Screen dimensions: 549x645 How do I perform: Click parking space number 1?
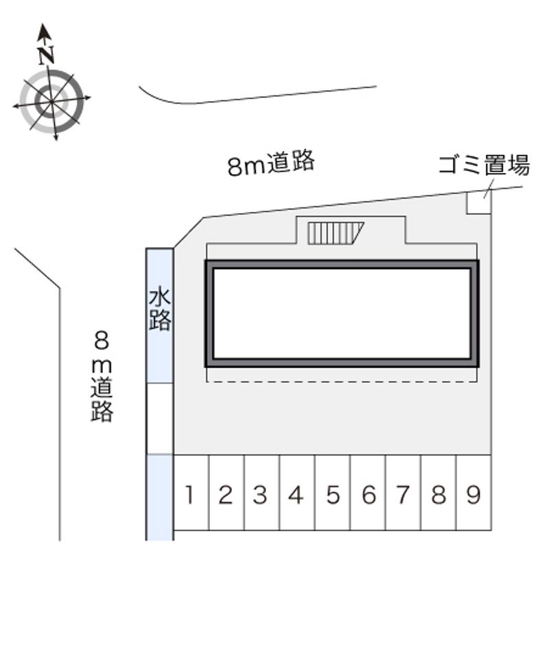pyautogui.click(x=191, y=493)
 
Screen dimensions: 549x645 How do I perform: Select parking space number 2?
pyautogui.click(x=226, y=493)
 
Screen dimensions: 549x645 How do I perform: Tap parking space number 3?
pyautogui.click(x=261, y=493)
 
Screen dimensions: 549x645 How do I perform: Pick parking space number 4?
pyautogui.click(x=297, y=493)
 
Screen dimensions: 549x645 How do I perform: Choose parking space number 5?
pyautogui.click(x=333, y=493)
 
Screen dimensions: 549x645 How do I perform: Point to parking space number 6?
pyautogui.click(x=368, y=493)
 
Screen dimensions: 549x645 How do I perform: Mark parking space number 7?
pyautogui.click(x=404, y=493)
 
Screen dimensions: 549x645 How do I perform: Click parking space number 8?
pyautogui.click(x=439, y=493)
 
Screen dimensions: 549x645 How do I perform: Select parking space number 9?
pyautogui.click(x=474, y=493)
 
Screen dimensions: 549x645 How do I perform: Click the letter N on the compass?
pyautogui.click(x=46, y=56)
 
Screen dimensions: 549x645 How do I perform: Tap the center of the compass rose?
pyautogui.click(x=51, y=101)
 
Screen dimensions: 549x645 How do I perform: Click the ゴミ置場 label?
pyautogui.click(x=484, y=165)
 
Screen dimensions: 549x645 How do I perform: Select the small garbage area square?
pyautogui.click(x=478, y=202)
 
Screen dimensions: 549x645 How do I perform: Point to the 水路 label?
pyautogui.click(x=160, y=309)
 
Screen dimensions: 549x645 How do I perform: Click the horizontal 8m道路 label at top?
pyautogui.click(x=271, y=163)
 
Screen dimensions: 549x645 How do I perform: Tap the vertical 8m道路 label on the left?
pyautogui.click(x=102, y=377)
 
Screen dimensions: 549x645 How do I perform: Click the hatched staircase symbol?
pyautogui.click(x=336, y=233)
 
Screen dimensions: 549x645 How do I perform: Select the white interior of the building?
pyautogui.click(x=342, y=314)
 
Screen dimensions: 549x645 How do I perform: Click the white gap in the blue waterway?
pyautogui.click(x=160, y=419)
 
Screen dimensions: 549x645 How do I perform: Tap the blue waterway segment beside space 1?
pyautogui.click(x=160, y=497)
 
